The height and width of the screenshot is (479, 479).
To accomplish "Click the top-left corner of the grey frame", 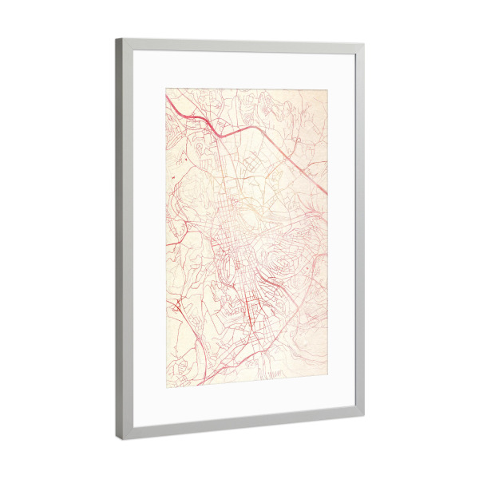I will coord(117,39).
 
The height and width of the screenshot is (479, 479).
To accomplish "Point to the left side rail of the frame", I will coord(124,239).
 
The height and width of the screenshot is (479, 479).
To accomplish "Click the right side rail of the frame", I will coord(358,232).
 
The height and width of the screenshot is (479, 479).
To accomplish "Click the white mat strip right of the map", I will coord(340,232).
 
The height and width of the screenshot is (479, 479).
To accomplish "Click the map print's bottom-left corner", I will coord(166,387).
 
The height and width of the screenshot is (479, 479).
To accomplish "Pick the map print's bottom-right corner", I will coord(327,371).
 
